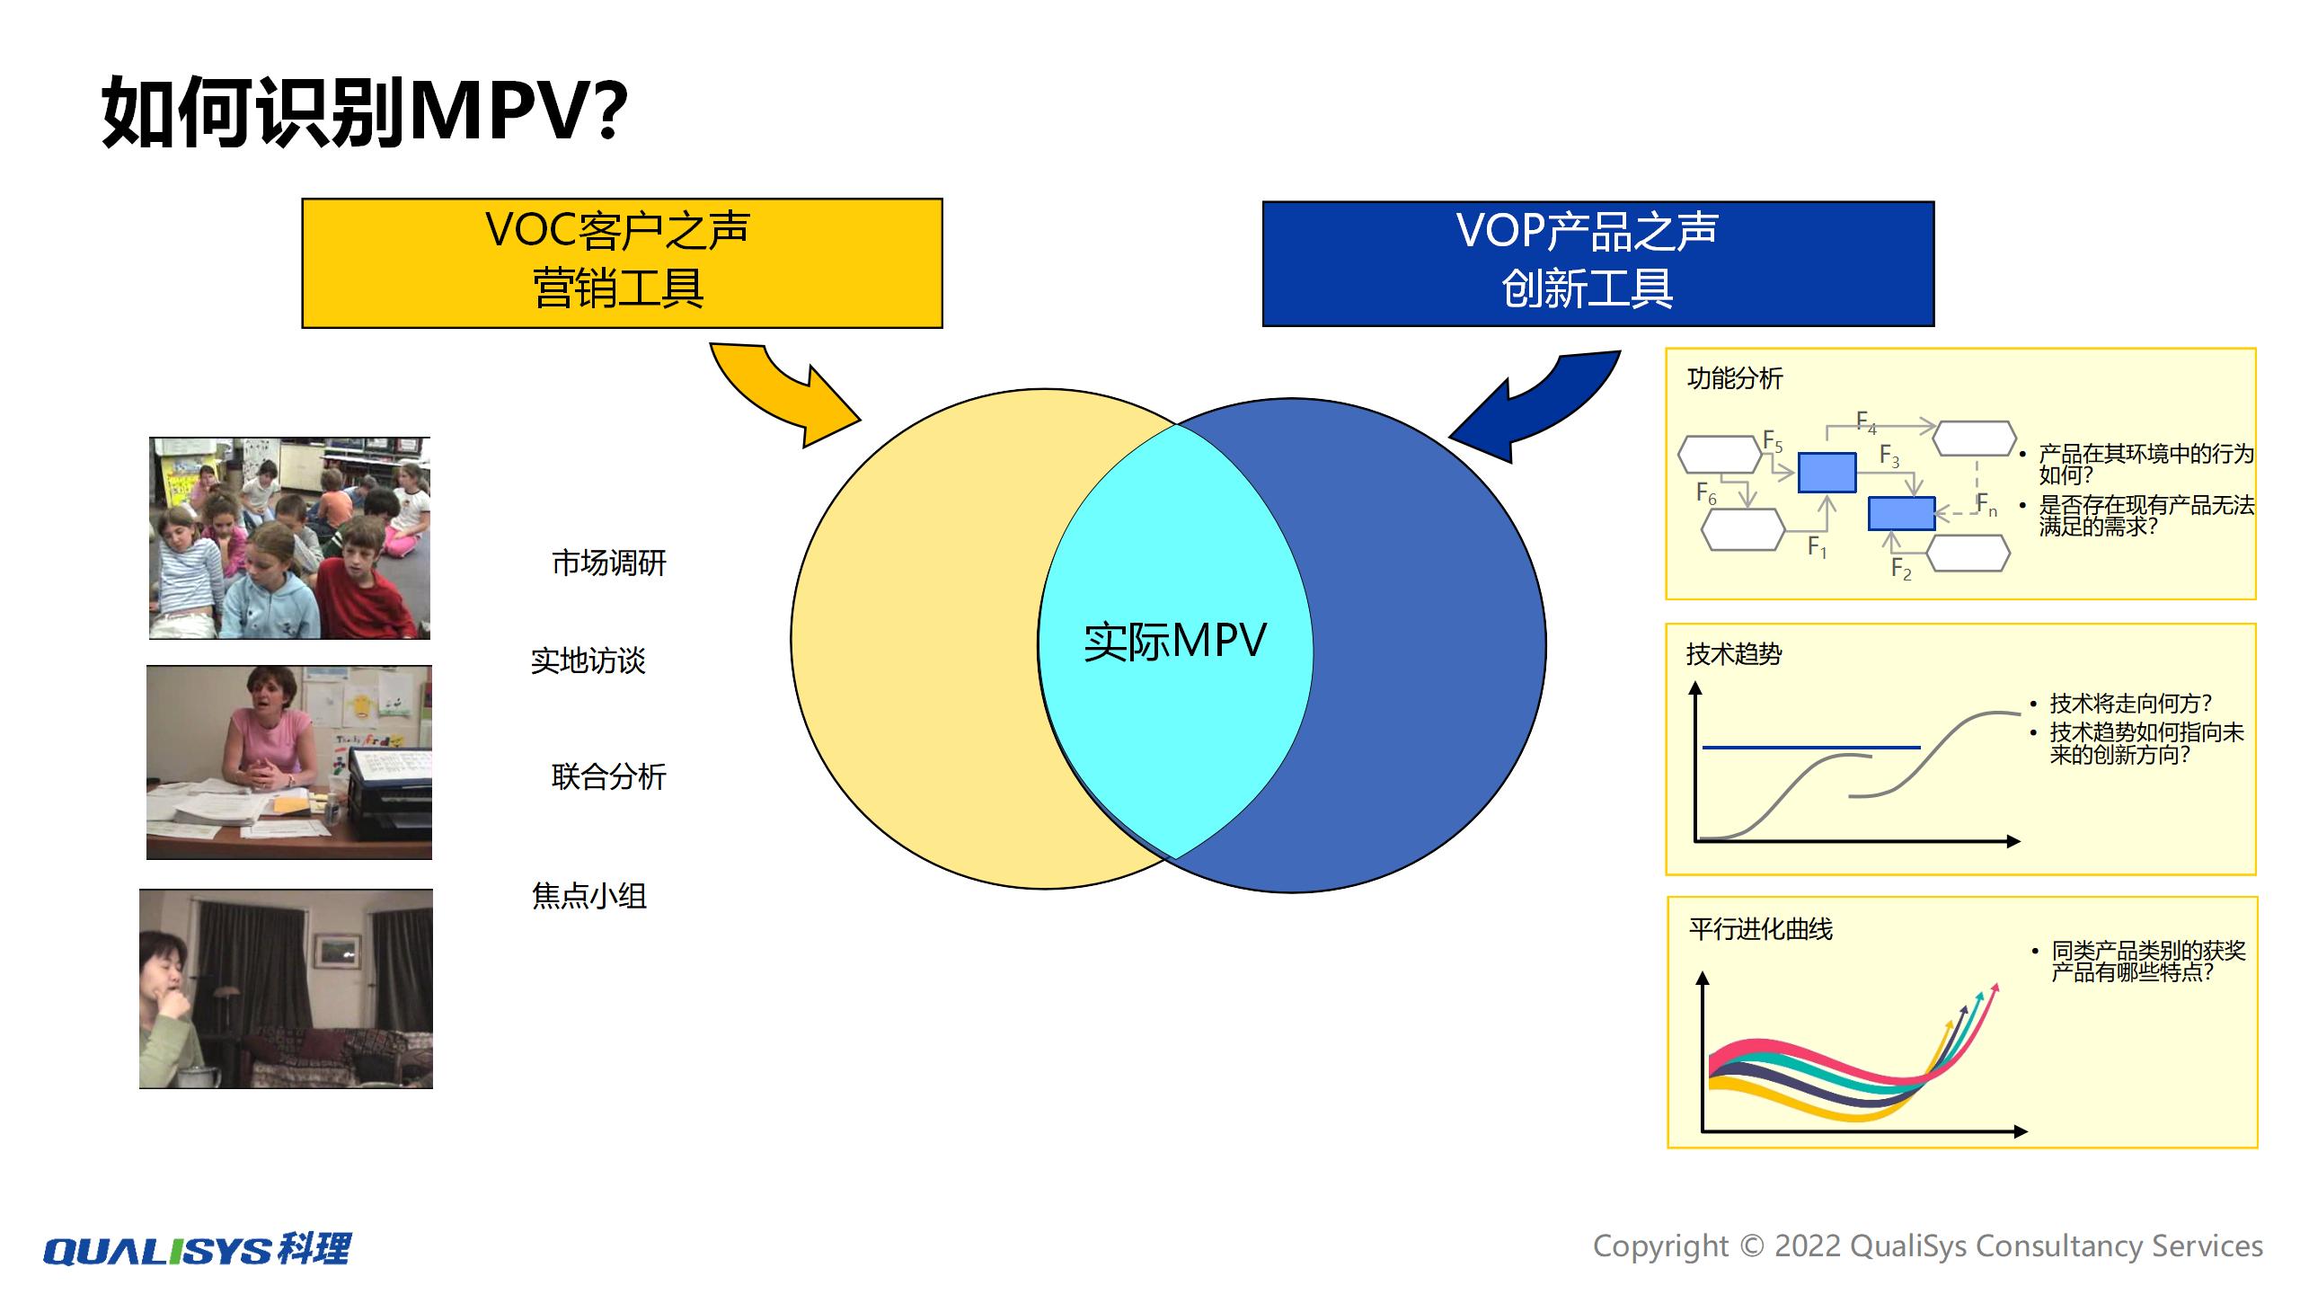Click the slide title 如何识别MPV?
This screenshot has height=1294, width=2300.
point(364,111)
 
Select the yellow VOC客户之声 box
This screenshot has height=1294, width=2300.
point(622,262)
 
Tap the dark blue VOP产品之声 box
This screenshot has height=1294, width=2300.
point(1597,262)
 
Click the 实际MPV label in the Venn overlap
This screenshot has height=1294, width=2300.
point(1174,642)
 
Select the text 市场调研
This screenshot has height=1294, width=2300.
point(608,563)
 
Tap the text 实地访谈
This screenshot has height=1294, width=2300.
point(588,661)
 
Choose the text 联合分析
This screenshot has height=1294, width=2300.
point(608,776)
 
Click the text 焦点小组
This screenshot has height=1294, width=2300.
point(588,896)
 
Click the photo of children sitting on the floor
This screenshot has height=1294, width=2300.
point(289,538)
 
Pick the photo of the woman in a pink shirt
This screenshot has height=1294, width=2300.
point(289,762)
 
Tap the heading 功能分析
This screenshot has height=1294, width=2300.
point(1734,378)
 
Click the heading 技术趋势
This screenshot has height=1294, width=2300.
point(1733,654)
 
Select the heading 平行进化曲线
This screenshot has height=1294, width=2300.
point(1760,929)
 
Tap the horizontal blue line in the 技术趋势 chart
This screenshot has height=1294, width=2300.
point(1810,747)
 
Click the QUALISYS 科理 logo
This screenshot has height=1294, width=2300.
point(198,1249)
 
